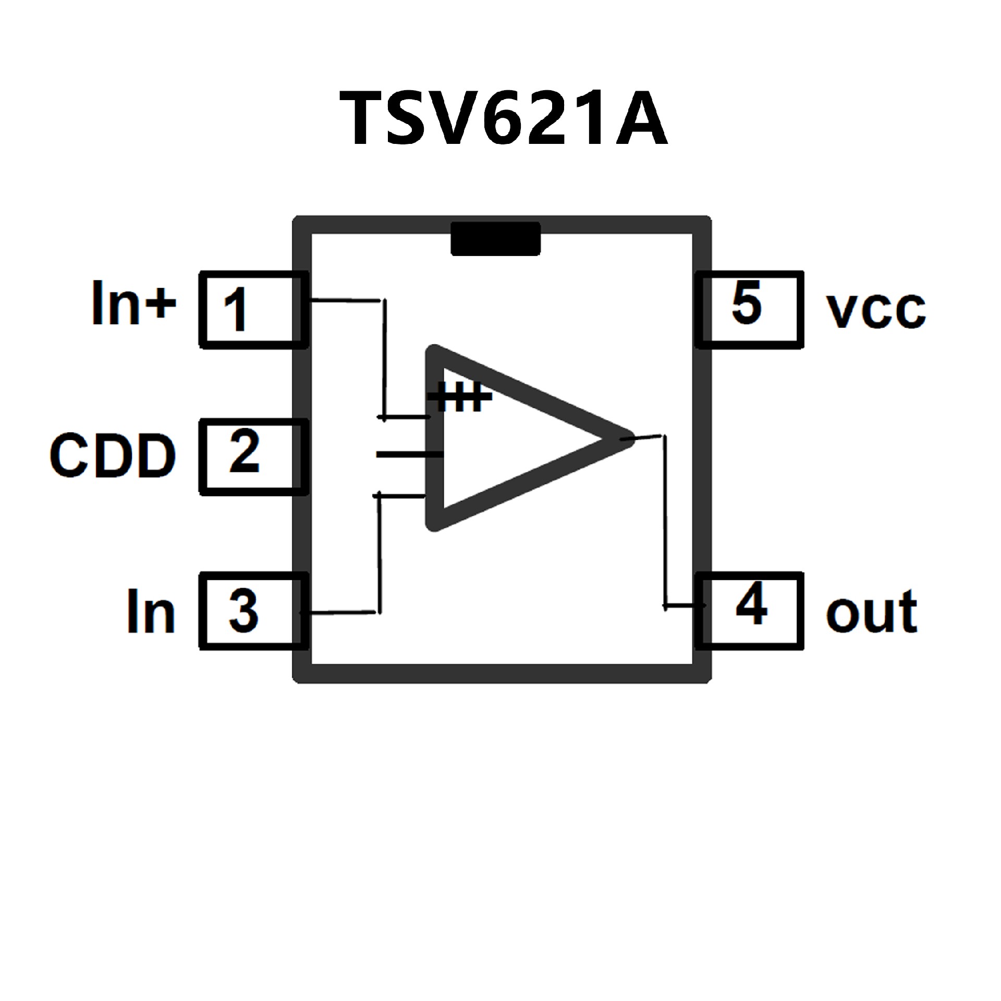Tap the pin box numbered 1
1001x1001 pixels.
(x=253, y=310)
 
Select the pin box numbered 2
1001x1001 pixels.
(x=253, y=456)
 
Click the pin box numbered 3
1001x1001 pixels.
(x=253, y=611)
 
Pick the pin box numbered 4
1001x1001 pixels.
(x=749, y=611)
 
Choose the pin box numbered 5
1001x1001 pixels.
(x=749, y=310)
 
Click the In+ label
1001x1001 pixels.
(x=134, y=303)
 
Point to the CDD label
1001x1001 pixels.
(x=113, y=456)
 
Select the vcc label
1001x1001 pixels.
(x=876, y=311)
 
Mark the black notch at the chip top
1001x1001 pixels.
(x=495, y=239)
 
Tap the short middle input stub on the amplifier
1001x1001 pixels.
(x=409, y=455)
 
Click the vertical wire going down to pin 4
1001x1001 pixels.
(x=665, y=521)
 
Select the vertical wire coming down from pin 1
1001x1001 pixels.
(x=385, y=360)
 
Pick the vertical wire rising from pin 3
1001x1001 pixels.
(x=380, y=553)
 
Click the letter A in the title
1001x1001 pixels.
(x=641, y=118)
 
